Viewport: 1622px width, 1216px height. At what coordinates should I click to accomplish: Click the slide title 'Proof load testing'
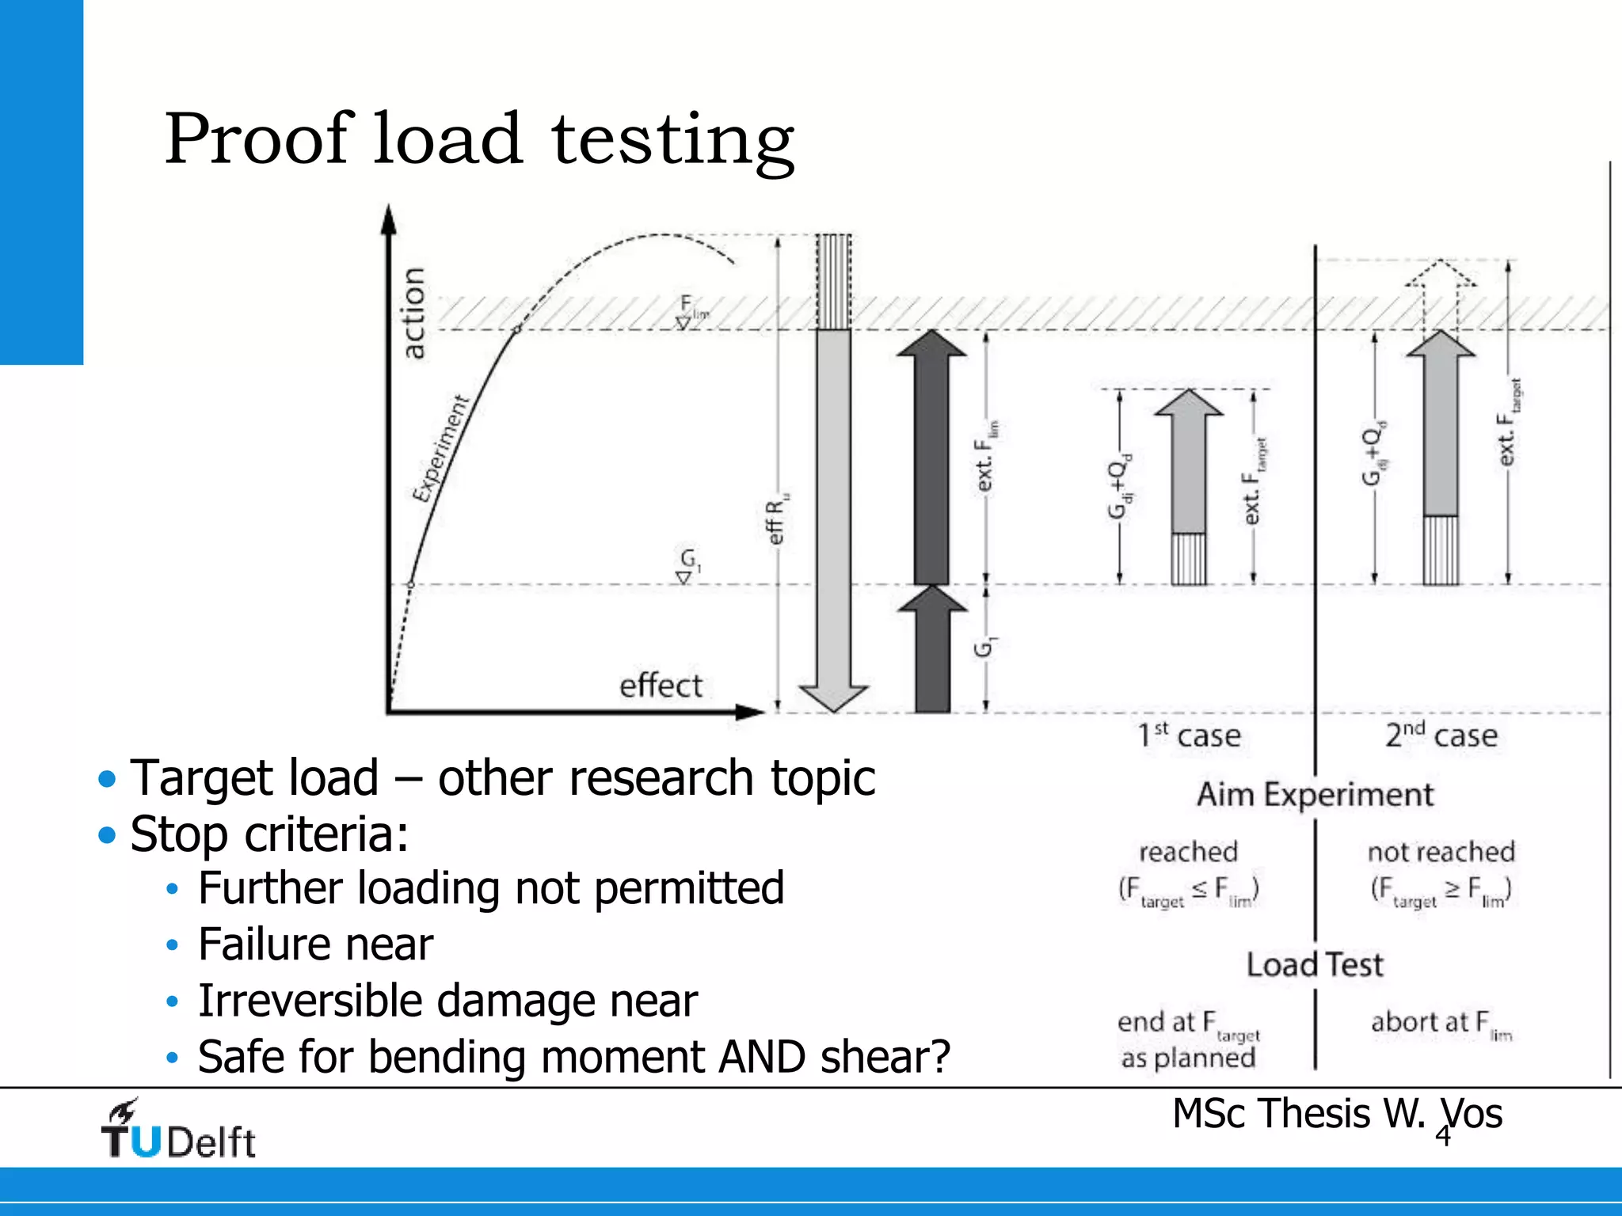[x=479, y=139]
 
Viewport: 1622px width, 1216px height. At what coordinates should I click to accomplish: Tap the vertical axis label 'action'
[x=413, y=313]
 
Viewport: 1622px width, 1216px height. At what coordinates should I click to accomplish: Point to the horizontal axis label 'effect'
[x=661, y=686]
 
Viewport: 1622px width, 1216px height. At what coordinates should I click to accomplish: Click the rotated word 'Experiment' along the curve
[x=440, y=449]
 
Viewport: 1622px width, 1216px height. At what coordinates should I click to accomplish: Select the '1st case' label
[x=1189, y=735]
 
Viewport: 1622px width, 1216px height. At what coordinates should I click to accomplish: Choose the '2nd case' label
[x=1441, y=735]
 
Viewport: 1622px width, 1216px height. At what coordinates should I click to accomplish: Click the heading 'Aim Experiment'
[x=1315, y=794]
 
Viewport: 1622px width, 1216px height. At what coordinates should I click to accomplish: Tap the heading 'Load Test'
[x=1315, y=964]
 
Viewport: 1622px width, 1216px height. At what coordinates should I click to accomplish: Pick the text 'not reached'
[x=1441, y=852]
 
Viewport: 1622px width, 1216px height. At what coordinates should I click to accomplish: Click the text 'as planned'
[x=1188, y=1058]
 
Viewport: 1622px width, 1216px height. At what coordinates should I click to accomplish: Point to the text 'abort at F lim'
[x=1441, y=1024]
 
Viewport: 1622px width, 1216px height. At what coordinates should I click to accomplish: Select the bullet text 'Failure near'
[x=315, y=944]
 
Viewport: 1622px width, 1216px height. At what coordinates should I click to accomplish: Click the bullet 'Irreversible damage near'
[x=447, y=1000]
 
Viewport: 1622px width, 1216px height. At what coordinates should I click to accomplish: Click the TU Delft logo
[x=177, y=1130]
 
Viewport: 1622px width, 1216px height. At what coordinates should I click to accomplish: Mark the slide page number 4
[x=1443, y=1136]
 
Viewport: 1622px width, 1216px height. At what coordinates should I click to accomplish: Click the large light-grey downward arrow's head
[x=834, y=697]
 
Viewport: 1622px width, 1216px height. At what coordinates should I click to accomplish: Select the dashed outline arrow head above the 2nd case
[x=1441, y=273]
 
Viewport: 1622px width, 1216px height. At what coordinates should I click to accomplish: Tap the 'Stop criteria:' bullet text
[x=269, y=834]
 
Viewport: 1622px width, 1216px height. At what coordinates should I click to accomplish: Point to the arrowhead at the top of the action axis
[x=388, y=219]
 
